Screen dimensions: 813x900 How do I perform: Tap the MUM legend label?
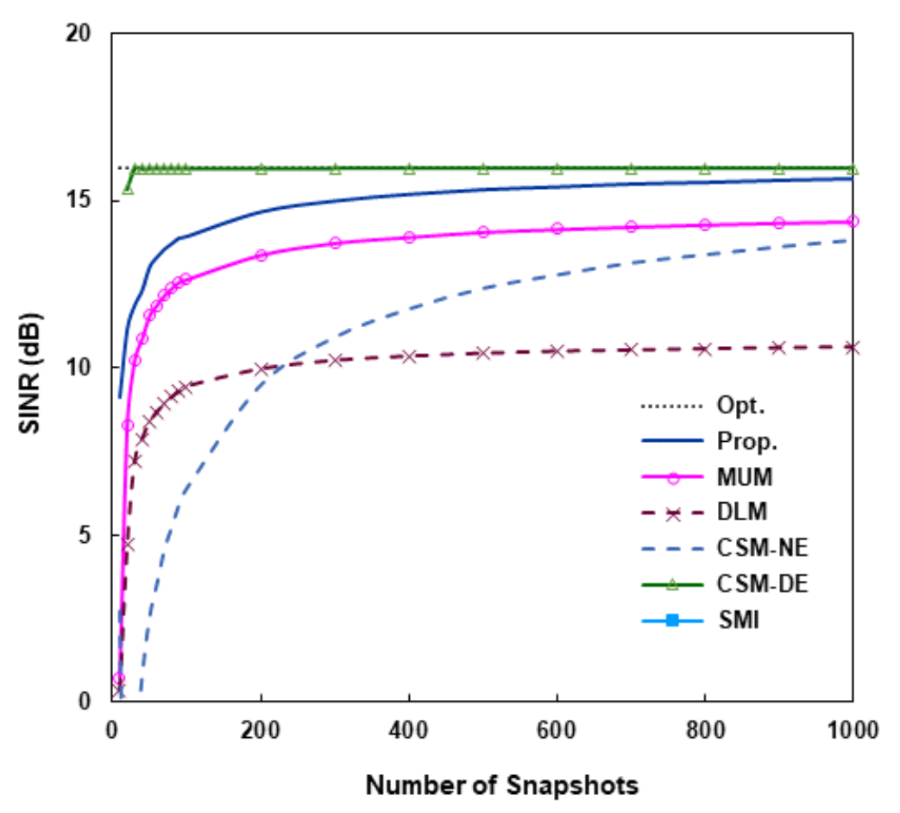pyautogui.click(x=739, y=477)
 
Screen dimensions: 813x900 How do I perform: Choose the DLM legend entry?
pyautogui.click(x=738, y=513)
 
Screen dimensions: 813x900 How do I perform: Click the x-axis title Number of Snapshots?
pyautogui.click(x=502, y=785)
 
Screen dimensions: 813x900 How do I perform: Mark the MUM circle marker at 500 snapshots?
pyautogui.click(x=483, y=231)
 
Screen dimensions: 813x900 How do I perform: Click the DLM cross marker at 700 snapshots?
pyautogui.click(x=631, y=349)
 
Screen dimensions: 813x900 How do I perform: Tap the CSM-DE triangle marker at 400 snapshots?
pyautogui.click(x=409, y=167)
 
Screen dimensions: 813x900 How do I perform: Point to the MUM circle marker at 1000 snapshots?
pyautogui.click(x=853, y=222)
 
